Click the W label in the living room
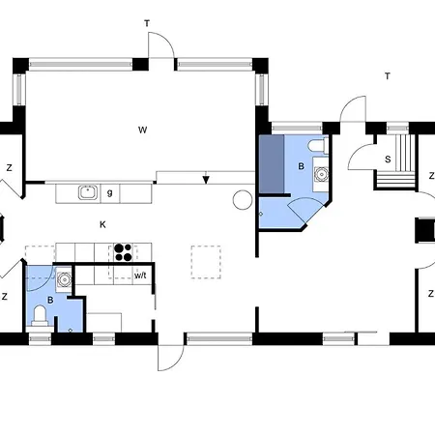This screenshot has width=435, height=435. point(142,130)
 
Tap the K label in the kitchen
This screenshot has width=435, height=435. point(102,224)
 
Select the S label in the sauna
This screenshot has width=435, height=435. point(388,159)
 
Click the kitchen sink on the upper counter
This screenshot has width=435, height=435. point(88,192)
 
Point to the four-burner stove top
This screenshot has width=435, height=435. point(124,252)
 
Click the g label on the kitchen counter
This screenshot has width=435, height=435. point(110,193)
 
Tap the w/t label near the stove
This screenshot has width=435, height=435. point(140,275)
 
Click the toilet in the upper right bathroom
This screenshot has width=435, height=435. point(317,146)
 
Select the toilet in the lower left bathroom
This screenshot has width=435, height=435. point(40,315)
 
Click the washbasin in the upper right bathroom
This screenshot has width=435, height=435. point(321,173)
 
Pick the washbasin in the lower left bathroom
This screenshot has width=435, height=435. point(64,279)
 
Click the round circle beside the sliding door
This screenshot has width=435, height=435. point(243,200)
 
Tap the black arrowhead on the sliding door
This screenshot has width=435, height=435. point(206,180)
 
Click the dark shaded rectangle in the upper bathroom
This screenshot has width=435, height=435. point(272,164)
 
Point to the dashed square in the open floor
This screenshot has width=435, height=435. point(206,262)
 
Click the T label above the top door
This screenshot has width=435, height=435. point(147,23)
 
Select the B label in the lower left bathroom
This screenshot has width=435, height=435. point(50,301)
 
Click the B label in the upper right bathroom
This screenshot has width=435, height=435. point(301,166)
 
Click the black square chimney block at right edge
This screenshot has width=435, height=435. point(425,230)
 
